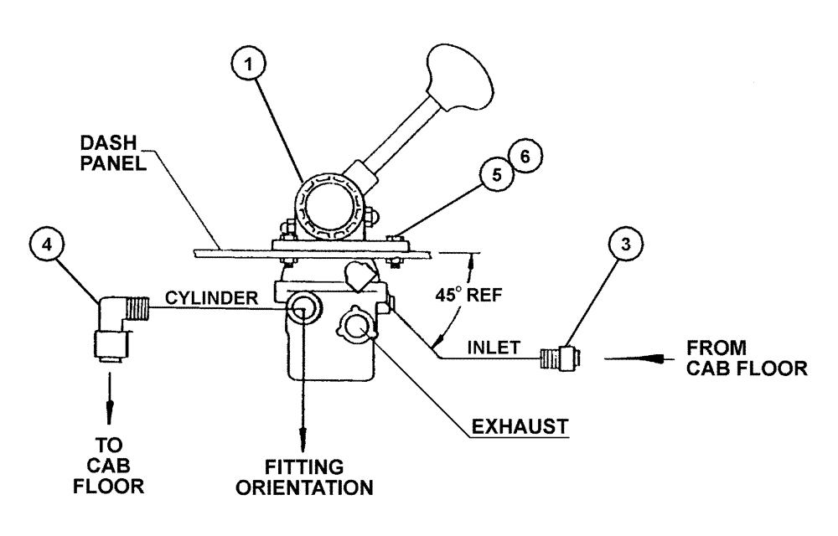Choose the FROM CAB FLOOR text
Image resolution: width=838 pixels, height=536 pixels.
point(747,358)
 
